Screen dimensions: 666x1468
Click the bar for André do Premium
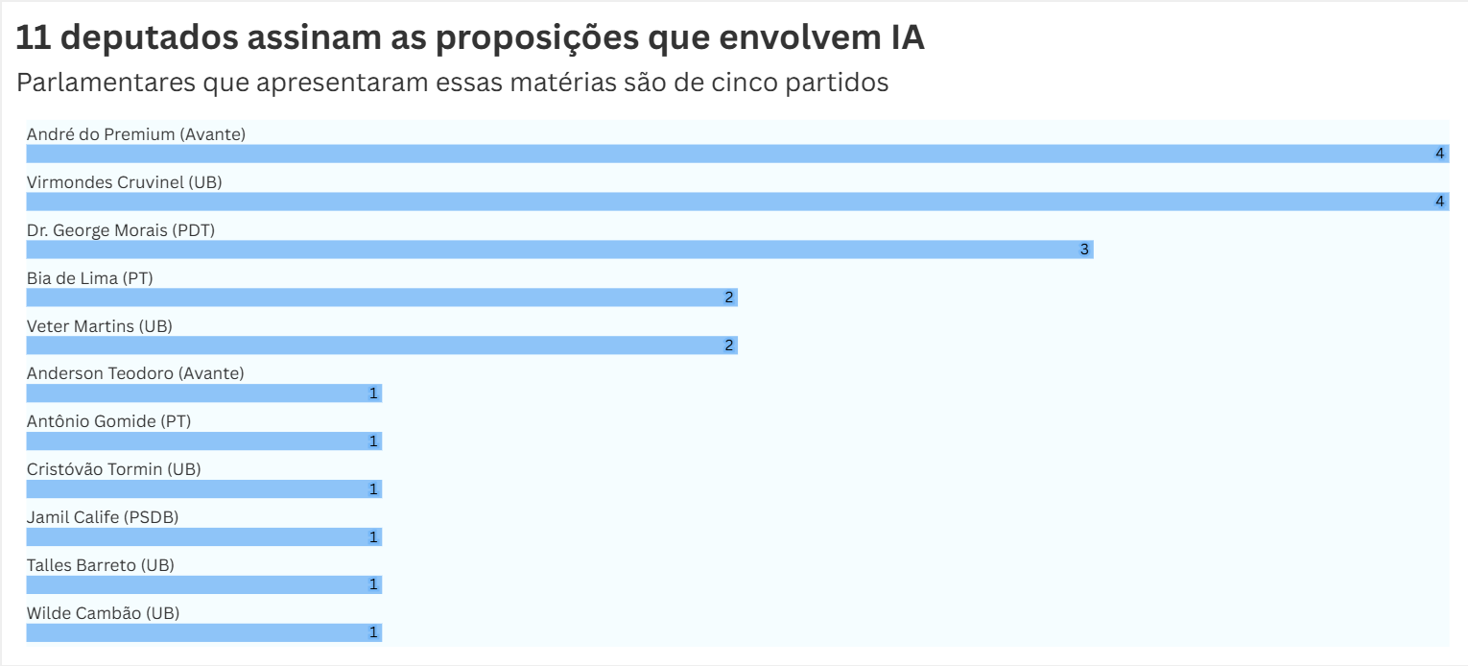[737, 154]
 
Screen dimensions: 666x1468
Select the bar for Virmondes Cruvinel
[737, 202]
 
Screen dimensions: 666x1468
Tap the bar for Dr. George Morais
[559, 250]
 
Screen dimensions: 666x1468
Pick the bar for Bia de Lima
[381, 297]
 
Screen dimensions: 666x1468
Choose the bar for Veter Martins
[381, 345]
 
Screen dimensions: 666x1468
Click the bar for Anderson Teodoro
[203, 393]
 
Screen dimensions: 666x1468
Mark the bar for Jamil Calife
[203, 537]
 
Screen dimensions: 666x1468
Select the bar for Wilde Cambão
[203, 633]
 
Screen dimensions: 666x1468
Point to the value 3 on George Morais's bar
[1084, 250]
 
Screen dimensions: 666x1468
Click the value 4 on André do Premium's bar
[1439, 154]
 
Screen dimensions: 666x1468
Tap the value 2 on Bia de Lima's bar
[729, 297]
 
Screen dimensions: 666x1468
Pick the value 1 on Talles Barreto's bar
[373, 584]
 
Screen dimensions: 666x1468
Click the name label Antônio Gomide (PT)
[108, 421]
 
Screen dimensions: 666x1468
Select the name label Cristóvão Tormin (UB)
[113, 469]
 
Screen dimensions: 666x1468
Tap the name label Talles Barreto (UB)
[100, 565]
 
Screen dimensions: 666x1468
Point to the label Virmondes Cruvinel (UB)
[124, 182]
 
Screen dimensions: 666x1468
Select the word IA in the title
[901, 38]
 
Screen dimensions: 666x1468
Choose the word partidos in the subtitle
[837, 83]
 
